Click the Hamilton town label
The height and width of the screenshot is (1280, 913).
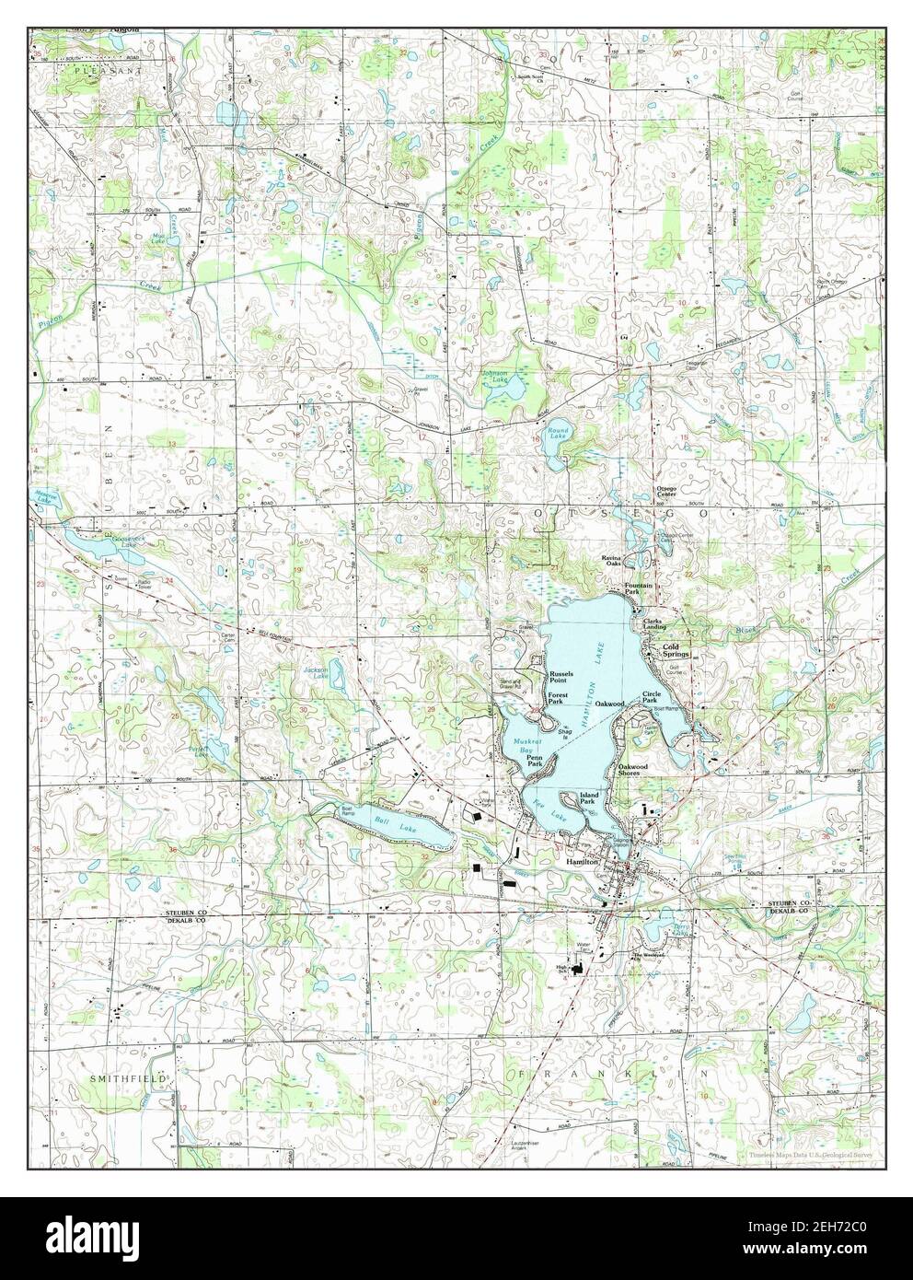pos(583,861)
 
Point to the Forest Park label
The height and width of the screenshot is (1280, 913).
pos(556,698)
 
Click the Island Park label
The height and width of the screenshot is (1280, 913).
pos(589,797)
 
